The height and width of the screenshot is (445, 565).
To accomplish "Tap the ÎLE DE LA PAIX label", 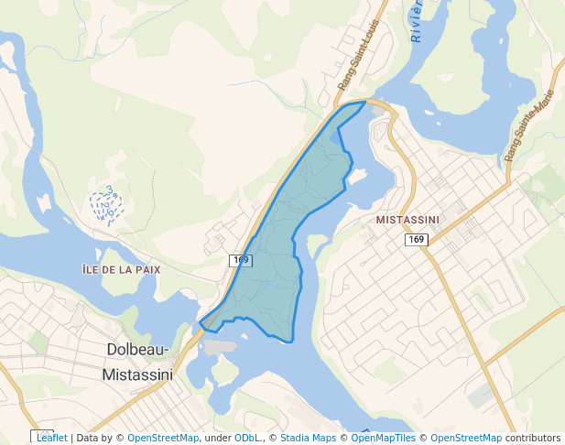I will [x=122, y=270].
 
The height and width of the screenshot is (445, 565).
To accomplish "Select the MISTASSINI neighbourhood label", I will [x=407, y=220].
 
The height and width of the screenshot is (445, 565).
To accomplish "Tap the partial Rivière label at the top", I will [x=416, y=22].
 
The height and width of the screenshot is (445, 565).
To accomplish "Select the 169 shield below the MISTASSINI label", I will [x=417, y=239].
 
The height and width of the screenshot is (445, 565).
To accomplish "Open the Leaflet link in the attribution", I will [x=51, y=438].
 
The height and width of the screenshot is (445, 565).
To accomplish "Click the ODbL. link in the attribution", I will [x=247, y=438].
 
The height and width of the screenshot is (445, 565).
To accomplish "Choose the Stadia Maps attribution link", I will [x=308, y=438].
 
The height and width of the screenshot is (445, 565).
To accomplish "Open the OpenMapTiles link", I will [x=383, y=438].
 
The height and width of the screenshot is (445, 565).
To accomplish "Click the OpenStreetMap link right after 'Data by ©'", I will [x=163, y=438].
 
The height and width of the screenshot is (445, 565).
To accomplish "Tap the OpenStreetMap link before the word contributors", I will [x=466, y=438].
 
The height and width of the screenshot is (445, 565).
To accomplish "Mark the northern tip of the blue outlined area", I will [x=364, y=103].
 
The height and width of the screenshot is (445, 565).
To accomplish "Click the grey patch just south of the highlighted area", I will [x=221, y=347].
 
